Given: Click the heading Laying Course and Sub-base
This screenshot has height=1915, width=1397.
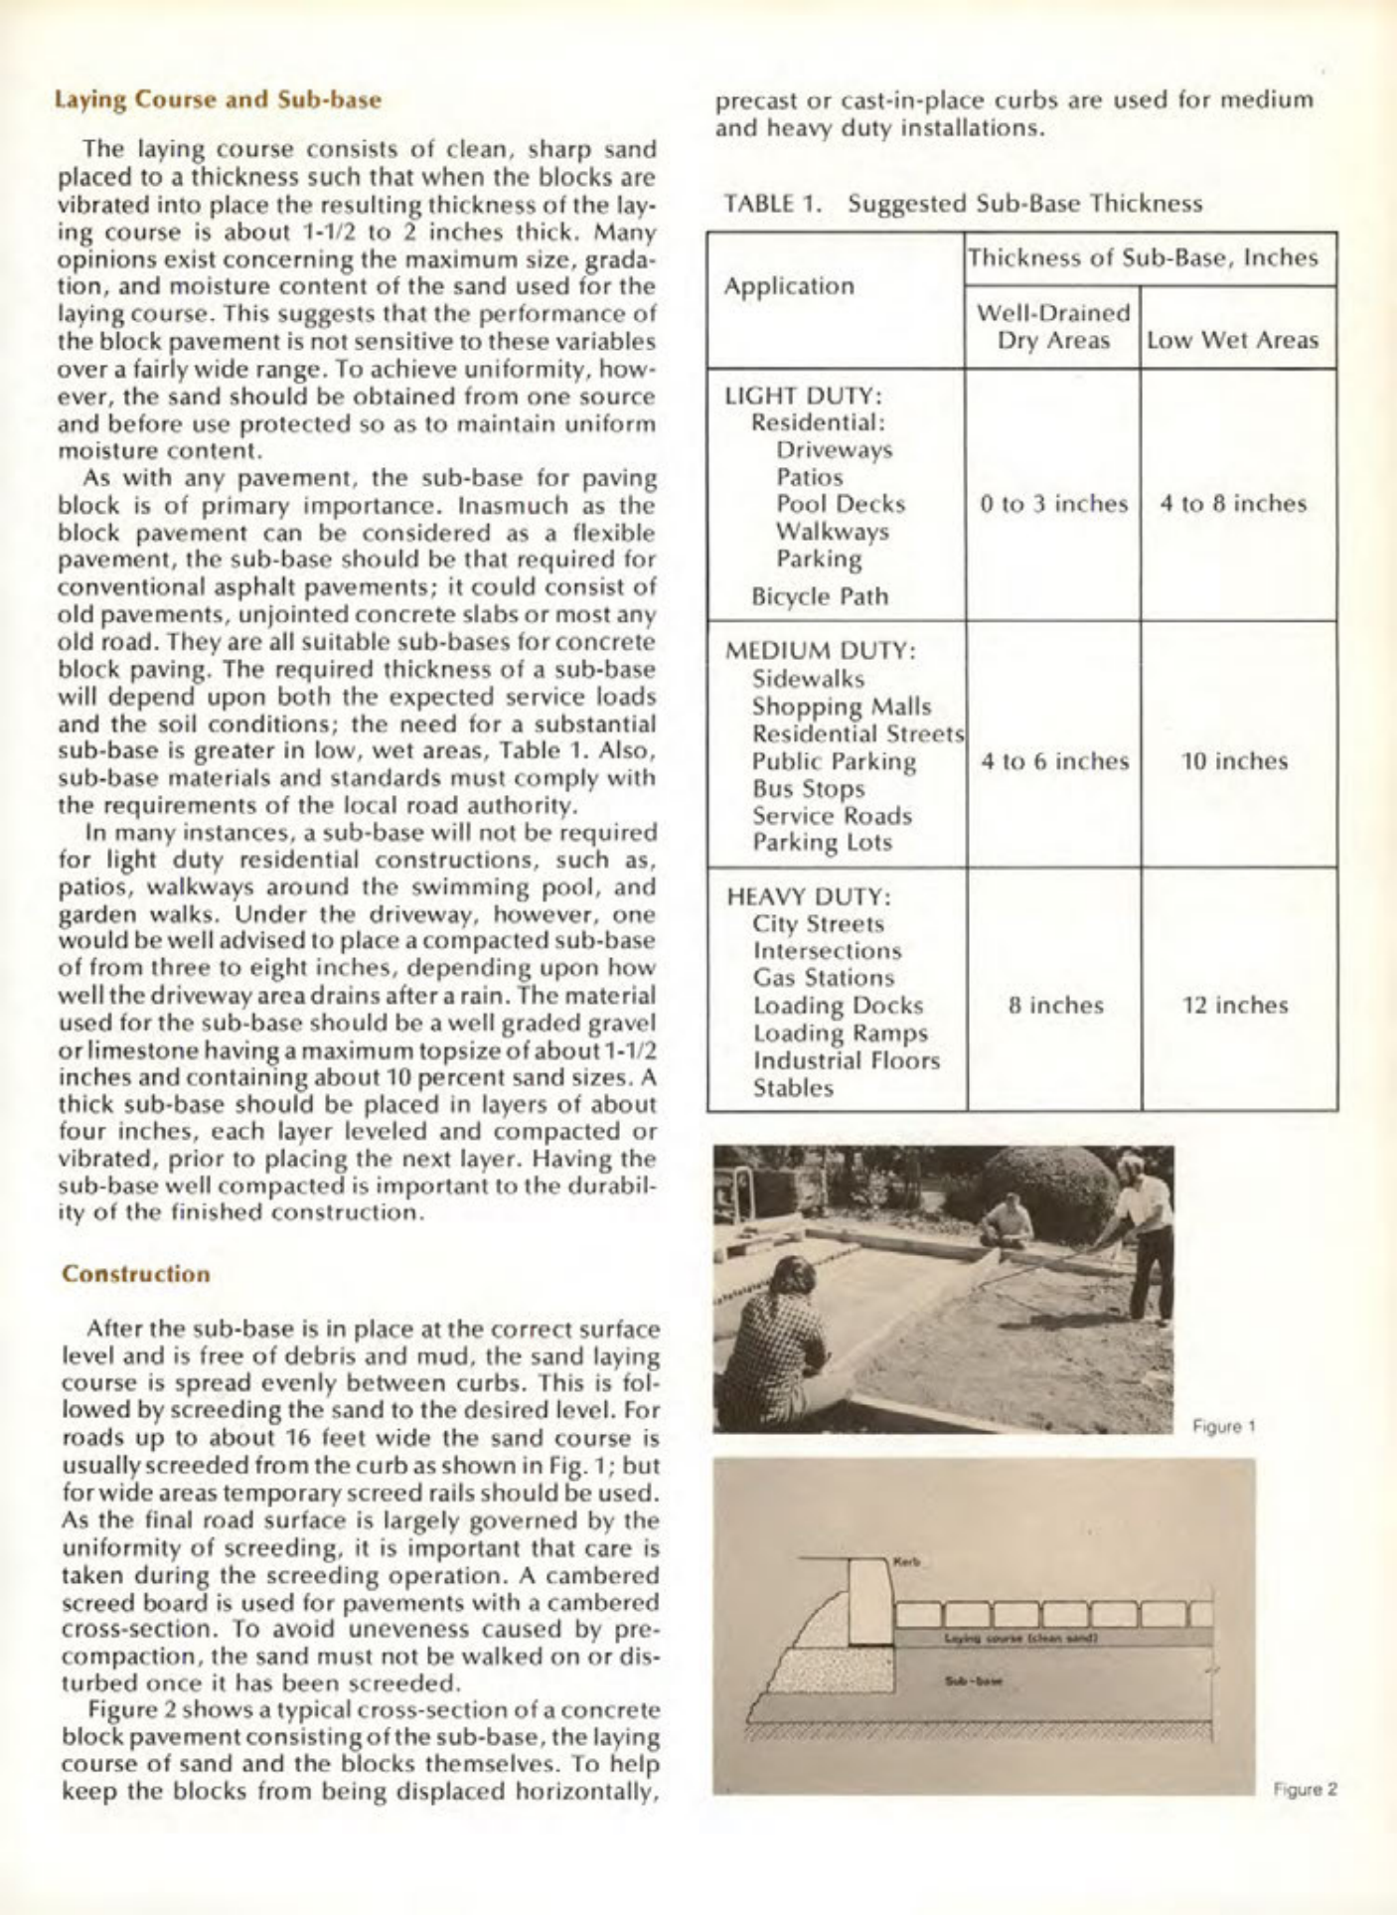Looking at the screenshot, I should click(x=219, y=100).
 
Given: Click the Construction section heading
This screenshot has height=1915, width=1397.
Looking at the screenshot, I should click(x=136, y=1274).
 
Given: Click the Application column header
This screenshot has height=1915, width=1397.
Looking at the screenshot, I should click(x=789, y=286).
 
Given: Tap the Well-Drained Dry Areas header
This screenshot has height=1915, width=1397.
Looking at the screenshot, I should click(x=1053, y=326).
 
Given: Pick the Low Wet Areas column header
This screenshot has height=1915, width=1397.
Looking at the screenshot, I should click(x=1233, y=340).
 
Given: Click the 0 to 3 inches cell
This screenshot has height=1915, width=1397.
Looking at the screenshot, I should click(x=1054, y=504).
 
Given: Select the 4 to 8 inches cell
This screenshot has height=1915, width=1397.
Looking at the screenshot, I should click(x=1233, y=504).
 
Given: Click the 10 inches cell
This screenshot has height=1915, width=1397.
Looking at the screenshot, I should click(x=1234, y=761).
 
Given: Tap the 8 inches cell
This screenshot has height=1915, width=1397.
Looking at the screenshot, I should click(x=1055, y=1006).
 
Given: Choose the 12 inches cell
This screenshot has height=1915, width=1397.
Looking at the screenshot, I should click(x=1234, y=1006).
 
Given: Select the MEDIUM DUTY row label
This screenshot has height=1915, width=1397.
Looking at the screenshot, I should click(x=821, y=652).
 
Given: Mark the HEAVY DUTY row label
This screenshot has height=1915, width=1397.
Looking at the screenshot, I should click(x=809, y=896).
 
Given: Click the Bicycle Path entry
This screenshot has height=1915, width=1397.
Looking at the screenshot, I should click(x=820, y=597).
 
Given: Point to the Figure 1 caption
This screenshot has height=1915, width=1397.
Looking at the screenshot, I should click(x=1224, y=1427).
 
